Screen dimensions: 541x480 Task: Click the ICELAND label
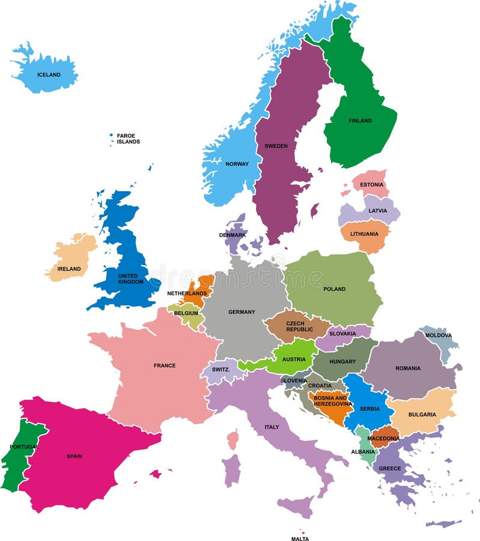point(49,75)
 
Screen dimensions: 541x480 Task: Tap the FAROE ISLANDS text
point(128,139)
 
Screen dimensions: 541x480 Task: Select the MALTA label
point(300,539)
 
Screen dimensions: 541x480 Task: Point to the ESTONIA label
point(372,184)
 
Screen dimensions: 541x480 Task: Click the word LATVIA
point(378,211)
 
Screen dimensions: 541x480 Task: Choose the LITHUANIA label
point(363,234)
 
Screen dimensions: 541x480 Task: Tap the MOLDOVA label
point(439,335)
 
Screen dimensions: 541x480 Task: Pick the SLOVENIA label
point(294,380)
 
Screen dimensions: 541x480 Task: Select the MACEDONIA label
point(383,438)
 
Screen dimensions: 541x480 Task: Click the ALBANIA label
point(363,451)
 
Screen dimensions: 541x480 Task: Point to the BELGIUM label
point(186,313)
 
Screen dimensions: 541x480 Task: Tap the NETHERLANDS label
point(187,293)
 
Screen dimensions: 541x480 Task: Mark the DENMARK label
point(232,235)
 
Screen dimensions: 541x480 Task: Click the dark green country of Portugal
point(17,460)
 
